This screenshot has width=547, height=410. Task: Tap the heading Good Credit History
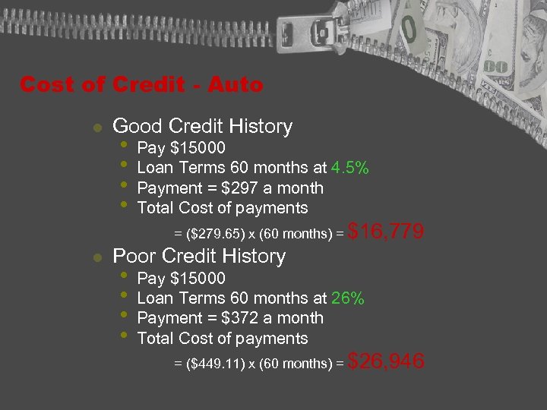[202, 126]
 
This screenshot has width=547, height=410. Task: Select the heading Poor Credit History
[198, 257]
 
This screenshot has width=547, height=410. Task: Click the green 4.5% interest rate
[350, 168]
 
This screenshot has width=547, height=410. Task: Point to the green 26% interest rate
[348, 298]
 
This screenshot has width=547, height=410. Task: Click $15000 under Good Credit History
[198, 148]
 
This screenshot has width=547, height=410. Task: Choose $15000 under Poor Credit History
[198, 279]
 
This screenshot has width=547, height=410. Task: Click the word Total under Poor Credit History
[155, 339]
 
